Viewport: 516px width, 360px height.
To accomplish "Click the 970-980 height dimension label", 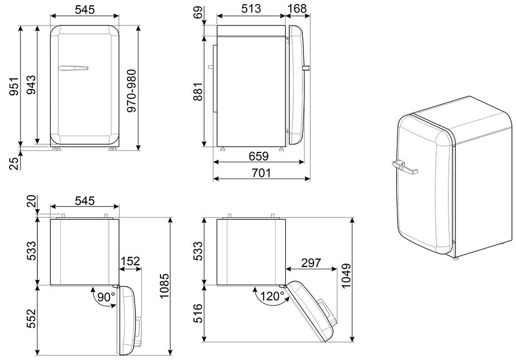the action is pos(132,91).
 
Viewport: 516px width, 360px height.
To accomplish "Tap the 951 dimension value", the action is pos(14,87).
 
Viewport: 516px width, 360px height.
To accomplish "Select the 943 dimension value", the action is pos(31,85).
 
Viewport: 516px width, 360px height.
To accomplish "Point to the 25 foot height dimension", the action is pos(14,163).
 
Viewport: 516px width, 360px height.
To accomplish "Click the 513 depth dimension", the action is pos(251,9).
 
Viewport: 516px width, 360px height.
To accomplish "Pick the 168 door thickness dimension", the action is pos(297,9).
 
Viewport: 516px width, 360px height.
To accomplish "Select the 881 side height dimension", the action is pos(198,92).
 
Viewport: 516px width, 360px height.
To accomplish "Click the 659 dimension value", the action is pos(259,156).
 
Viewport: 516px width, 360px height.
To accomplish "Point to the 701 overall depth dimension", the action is pos(261,173).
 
